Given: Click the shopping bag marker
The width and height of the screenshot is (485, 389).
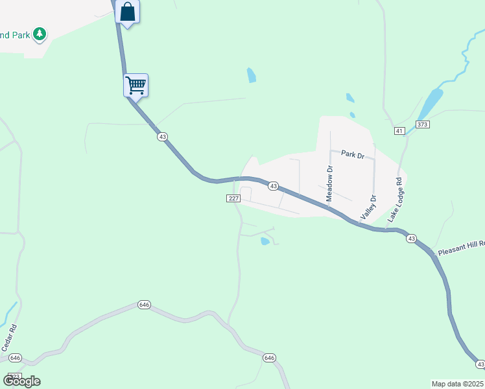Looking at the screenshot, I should click(x=128, y=12).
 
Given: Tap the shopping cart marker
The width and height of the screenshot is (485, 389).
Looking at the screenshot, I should click(x=136, y=84).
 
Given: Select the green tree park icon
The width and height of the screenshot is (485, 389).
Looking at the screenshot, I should click(x=40, y=33).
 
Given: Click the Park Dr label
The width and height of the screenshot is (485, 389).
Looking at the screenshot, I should click(x=353, y=155).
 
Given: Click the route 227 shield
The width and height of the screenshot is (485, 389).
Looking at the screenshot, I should click(x=235, y=198).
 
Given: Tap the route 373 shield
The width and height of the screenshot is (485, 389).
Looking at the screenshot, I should click(x=423, y=124).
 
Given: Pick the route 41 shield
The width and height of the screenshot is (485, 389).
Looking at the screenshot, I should click(x=399, y=131).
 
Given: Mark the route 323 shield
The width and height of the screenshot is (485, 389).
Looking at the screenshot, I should click(x=14, y=377).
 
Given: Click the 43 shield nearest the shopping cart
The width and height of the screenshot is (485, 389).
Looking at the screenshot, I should click(x=162, y=136).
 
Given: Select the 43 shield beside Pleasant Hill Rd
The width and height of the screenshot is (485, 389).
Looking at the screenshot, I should click(x=412, y=239).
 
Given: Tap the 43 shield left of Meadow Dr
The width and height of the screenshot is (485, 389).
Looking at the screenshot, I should click(x=274, y=186).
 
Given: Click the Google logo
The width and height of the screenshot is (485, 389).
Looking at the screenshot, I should click(x=21, y=381).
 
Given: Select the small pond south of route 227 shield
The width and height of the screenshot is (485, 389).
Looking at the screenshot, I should click(x=265, y=241).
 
